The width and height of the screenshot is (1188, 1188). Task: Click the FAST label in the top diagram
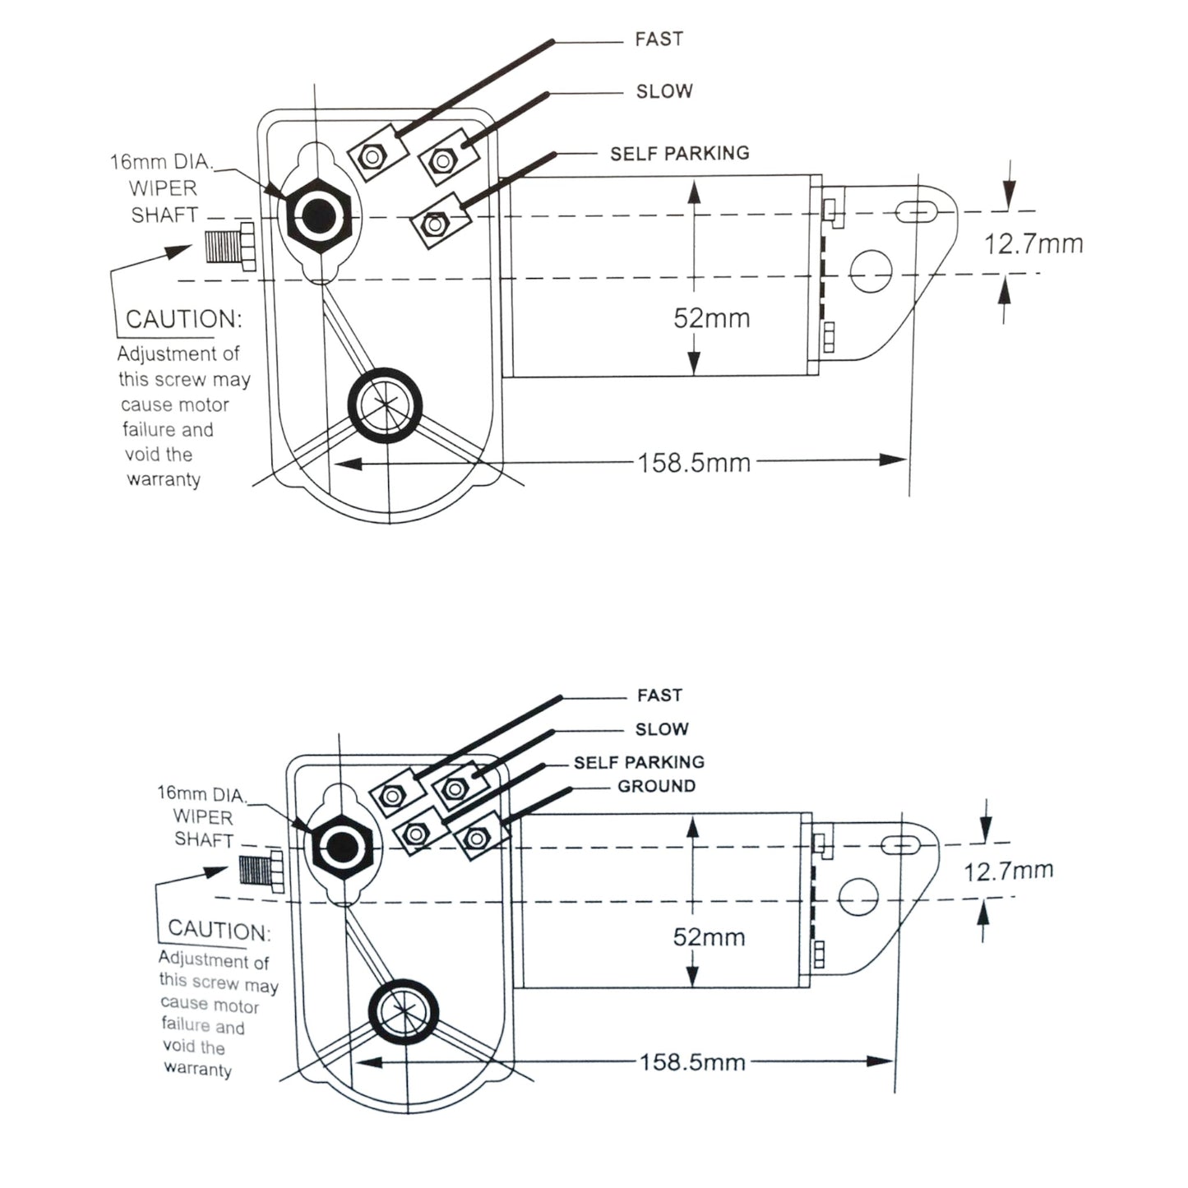tap(659, 39)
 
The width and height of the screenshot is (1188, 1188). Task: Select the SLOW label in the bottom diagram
tap(662, 729)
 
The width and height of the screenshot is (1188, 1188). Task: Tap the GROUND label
tap(656, 786)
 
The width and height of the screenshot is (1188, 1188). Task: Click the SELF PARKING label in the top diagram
tap(679, 154)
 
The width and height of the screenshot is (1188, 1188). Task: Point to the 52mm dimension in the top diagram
tap(711, 318)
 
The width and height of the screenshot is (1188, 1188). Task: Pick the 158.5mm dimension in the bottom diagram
tap(692, 1062)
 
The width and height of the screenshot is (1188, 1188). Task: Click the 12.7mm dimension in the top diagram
tap(1033, 244)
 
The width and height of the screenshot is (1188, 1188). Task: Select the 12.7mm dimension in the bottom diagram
tap(1008, 871)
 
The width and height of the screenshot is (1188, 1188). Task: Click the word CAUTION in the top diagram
tap(183, 319)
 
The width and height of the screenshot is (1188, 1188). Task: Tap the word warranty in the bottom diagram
tap(197, 1069)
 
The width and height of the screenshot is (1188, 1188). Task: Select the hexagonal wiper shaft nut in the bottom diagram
tap(340, 847)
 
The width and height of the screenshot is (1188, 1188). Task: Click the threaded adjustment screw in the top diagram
tap(229, 245)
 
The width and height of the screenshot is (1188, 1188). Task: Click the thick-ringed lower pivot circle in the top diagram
tap(386, 405)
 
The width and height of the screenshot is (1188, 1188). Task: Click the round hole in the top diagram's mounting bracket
tap(871, 270)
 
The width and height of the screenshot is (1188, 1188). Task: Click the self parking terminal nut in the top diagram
tap(432, 222)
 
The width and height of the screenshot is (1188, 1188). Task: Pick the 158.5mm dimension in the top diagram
tap(695, 462)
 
